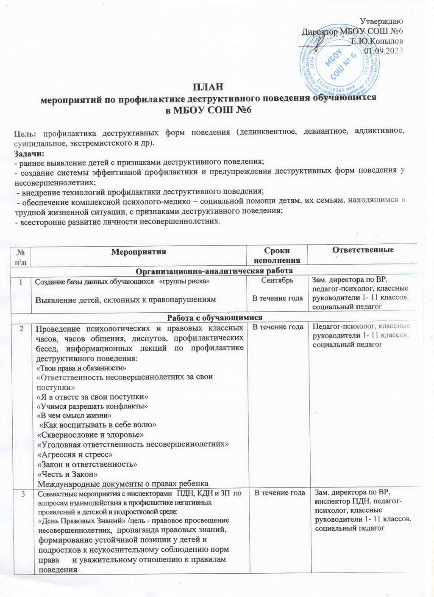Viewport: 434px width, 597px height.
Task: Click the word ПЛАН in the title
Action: (207, 87)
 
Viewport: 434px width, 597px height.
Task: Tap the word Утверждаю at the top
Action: (381, 21)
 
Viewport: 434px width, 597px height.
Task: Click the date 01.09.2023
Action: (383, 51)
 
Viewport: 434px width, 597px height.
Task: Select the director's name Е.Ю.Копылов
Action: (377, 41)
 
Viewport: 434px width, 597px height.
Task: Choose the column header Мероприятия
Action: (138, 252)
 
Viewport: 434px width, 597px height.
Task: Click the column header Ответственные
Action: (363, 250)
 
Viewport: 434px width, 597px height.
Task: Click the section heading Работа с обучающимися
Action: (214, 317)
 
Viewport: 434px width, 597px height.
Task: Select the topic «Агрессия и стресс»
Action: (75, 454)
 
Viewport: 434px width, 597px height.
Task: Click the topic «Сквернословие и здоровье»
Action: (91, 435)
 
